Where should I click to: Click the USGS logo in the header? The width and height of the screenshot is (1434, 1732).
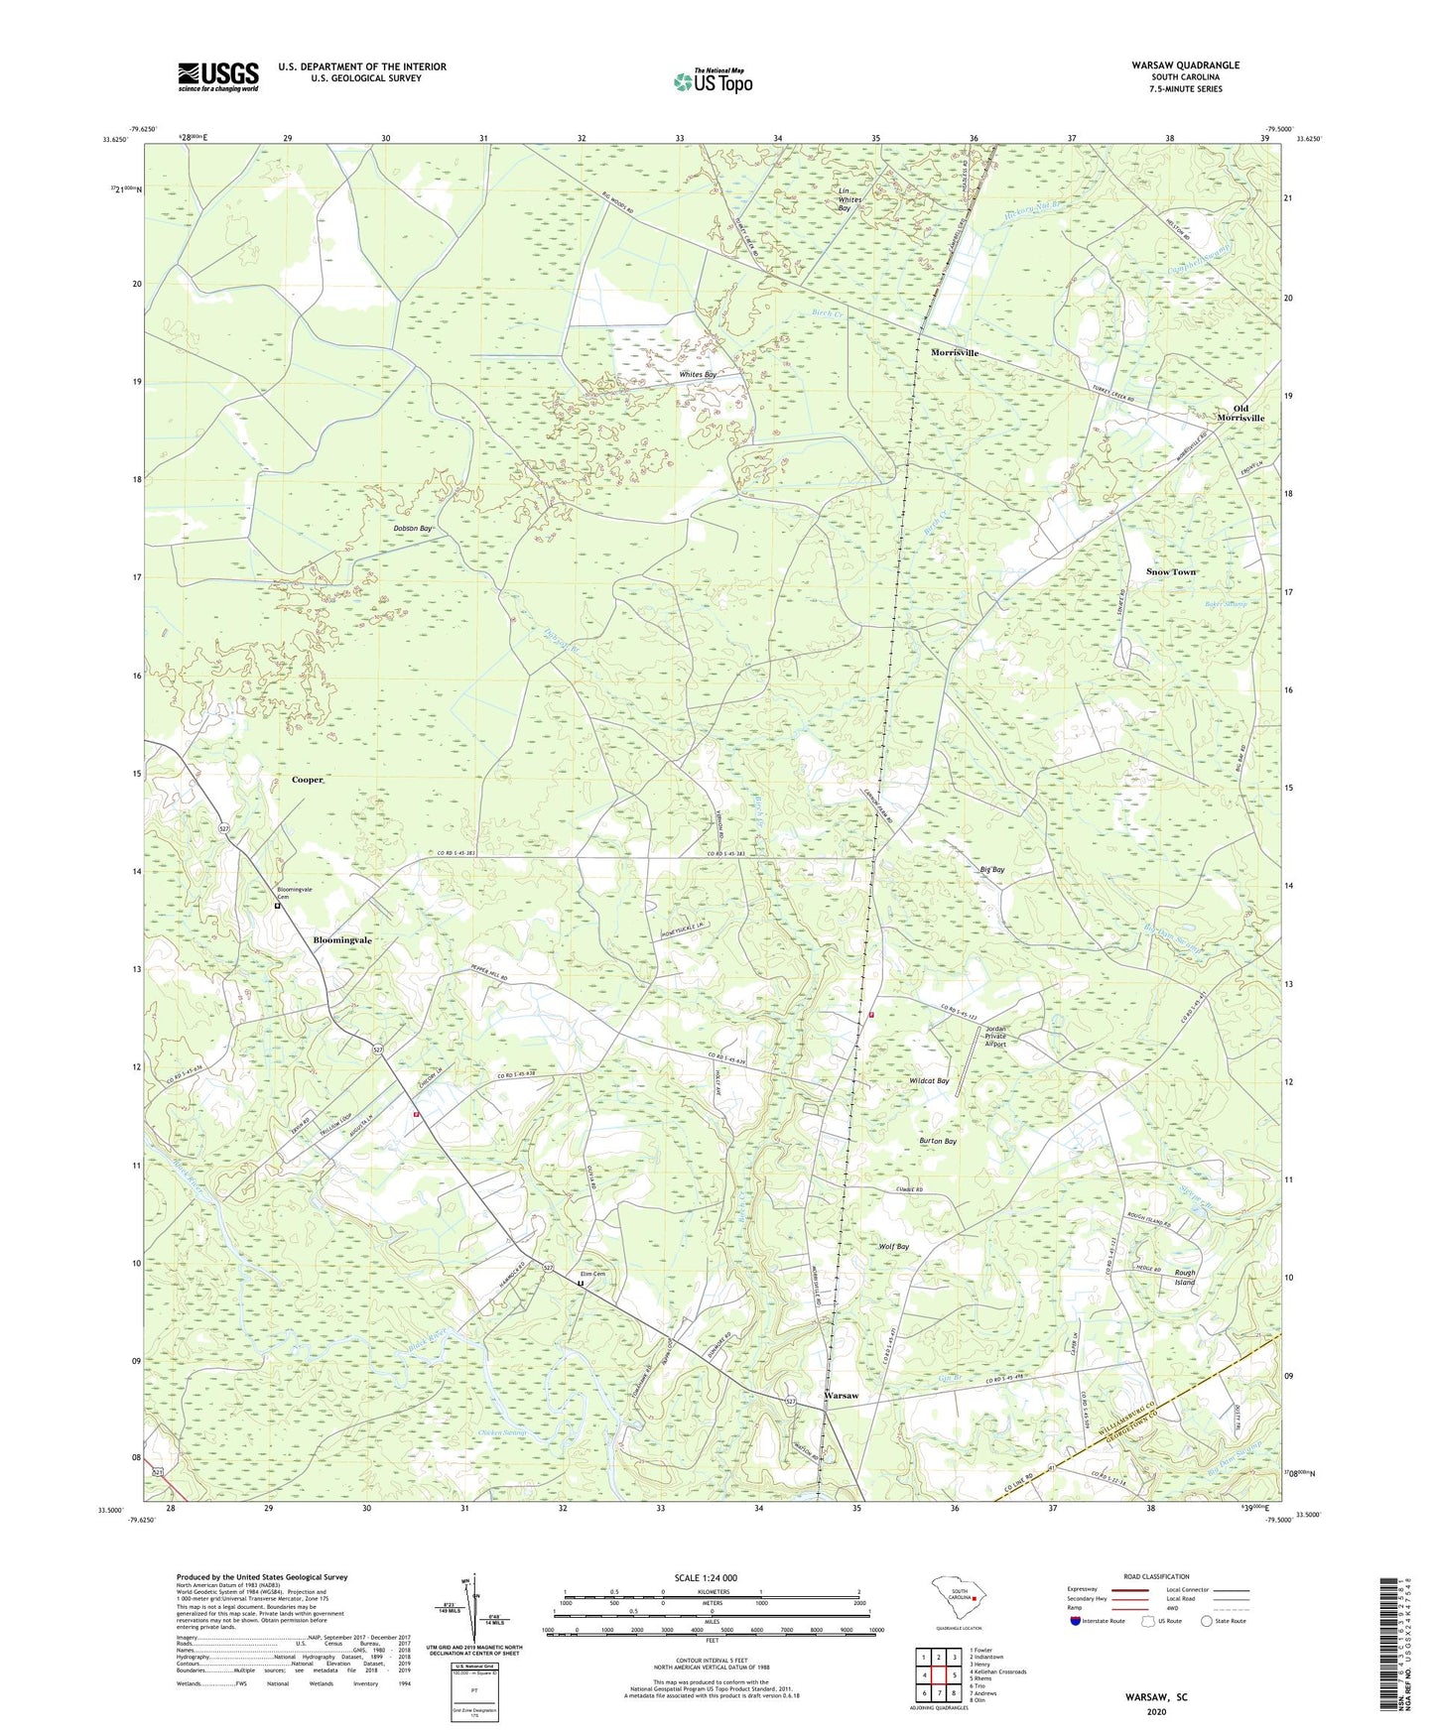click(x=218, y=76)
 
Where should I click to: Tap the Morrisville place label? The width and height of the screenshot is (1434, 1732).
click(x=954, y=353)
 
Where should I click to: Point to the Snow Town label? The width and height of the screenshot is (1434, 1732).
click(x=1171, y=572)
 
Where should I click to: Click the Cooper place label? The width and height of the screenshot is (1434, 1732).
click(x=308, y=780)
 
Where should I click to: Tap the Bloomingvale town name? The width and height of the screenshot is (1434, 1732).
click(x=343, y=939)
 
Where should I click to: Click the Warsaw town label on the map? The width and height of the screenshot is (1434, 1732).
click(x=842, y=1396)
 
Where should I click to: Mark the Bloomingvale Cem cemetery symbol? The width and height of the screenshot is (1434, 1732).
click(x=278, y=906)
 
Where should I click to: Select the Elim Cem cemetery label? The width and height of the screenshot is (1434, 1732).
click(x=591, y=1275)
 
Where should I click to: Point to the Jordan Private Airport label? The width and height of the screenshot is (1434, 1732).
click(x=995, y=1037)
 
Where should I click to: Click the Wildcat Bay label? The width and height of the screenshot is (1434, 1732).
click(x=929, y=1081)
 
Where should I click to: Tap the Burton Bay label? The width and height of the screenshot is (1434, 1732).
click(x=938, y=1142)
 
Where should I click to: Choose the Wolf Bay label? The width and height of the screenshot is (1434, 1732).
click(x=894, y=1247)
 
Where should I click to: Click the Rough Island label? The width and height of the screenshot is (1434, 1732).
click(x=1185, y=1278)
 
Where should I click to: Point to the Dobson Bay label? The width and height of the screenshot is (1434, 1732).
click(x=413, y=529)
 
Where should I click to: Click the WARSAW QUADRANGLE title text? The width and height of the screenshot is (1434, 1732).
click(x=1185, y=65)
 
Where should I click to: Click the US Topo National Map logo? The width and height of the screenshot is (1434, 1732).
click(x=713, y=81)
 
